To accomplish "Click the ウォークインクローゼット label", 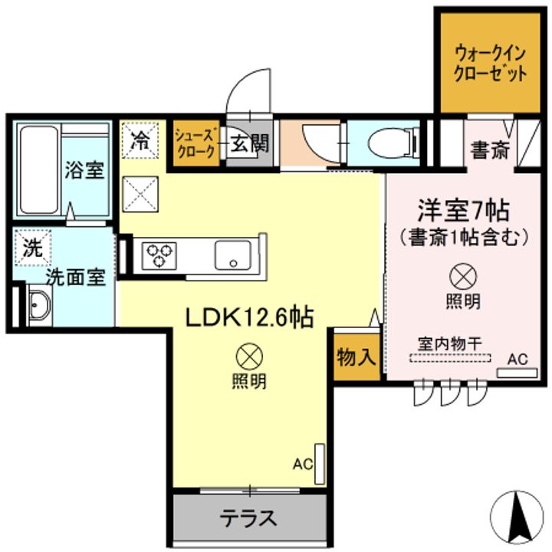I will tap(491, 64).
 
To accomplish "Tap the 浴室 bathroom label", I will tap(84, 169).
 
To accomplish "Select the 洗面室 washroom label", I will tap(74, 277).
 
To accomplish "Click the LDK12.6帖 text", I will tap(248, 317).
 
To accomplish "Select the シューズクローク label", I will tap(197, 143).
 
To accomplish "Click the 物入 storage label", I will tap(356, 357).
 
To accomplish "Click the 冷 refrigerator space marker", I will tap(140, 140).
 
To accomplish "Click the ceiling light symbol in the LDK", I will tap(249, 356).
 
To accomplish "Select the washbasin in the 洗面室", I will tap(37, 308).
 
